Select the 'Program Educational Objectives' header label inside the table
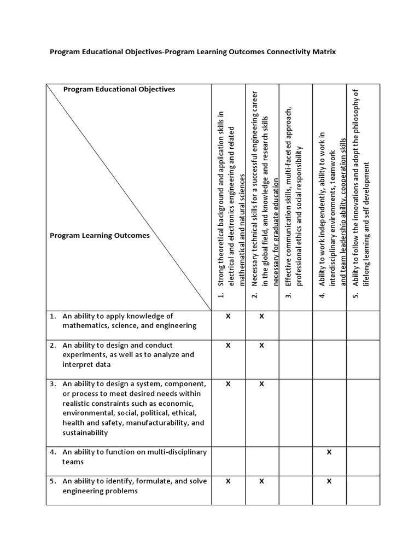pyautogui.click(x=119, y=89)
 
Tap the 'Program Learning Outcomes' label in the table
pyautogui.click(x=100, y=236)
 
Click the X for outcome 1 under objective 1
pyautogui.click(x=228, y=316)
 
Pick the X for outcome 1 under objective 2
pyautogui.click(x=261, y=316)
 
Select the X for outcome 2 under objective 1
pyautogui.click(x=228, y=345)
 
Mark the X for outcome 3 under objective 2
pyautogui.click(x=261, y=384)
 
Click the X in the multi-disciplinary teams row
pyautogui.click(x=329, y=452)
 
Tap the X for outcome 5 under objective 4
pyautogui.click(x=329, y=481)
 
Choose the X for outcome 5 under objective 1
pyautogui.click(x=228, y=481)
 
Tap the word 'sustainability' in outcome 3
pyautogui.click(x=85, y=433)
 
